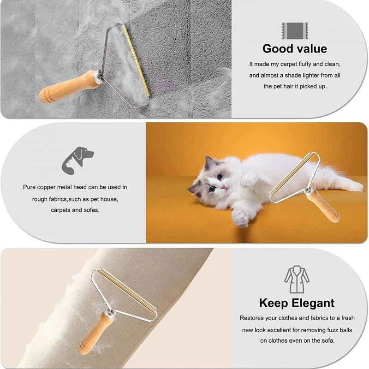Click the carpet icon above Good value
[295, 31]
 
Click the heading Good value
[295, 48]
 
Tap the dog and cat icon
[77, 160]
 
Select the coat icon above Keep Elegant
[297, 280]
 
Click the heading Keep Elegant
[297, 303]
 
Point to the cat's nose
[223, 186]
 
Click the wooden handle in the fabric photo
[95, 333]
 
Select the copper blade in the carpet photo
[136, 60]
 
